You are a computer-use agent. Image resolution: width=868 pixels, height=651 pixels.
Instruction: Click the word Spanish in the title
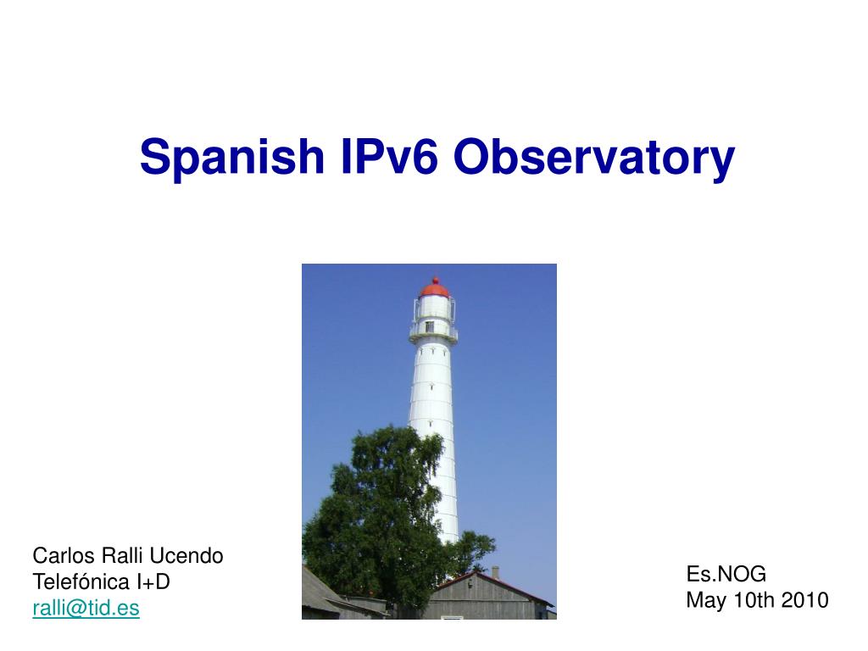tap(232, 158)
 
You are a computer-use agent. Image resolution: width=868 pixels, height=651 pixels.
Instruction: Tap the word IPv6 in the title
tap(390, 157)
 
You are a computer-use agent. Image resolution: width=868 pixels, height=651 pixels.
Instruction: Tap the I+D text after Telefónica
tap(153, 581)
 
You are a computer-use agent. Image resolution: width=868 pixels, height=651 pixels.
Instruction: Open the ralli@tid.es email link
tap(86, 608)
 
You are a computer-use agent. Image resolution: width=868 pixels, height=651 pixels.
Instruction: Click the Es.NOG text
tap(726, 574)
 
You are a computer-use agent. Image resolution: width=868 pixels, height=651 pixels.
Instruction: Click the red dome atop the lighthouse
tap(435, 290)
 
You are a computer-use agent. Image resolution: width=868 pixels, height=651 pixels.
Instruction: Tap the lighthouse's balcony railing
tap(433, 332)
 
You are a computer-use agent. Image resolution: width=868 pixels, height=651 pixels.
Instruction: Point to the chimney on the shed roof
tap(495, 572)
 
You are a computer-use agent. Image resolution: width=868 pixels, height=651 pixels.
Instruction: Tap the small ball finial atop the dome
tap(437, 280)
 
